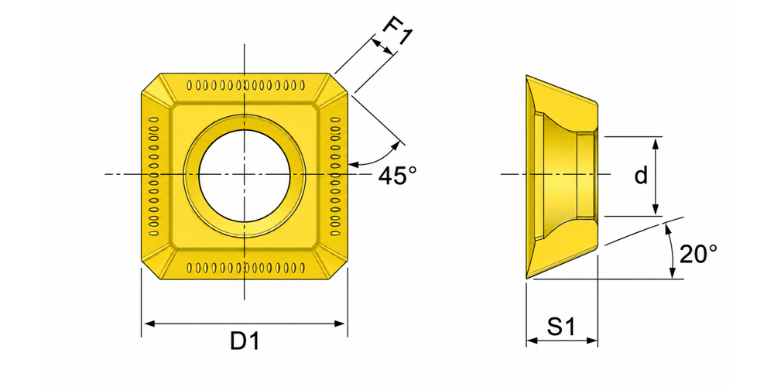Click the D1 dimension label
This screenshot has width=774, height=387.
click(x=245, y=341)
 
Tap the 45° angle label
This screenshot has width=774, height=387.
click(x=397, y=176)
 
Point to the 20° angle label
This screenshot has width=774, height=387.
click(x=698, y=255)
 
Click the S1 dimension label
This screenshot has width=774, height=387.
click(x=562, y=327)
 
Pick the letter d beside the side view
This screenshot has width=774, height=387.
click(x=641, y=175)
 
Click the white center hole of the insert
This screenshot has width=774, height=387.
click(x=245, y=175)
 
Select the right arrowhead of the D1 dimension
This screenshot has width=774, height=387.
click(x=340, y=324)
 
